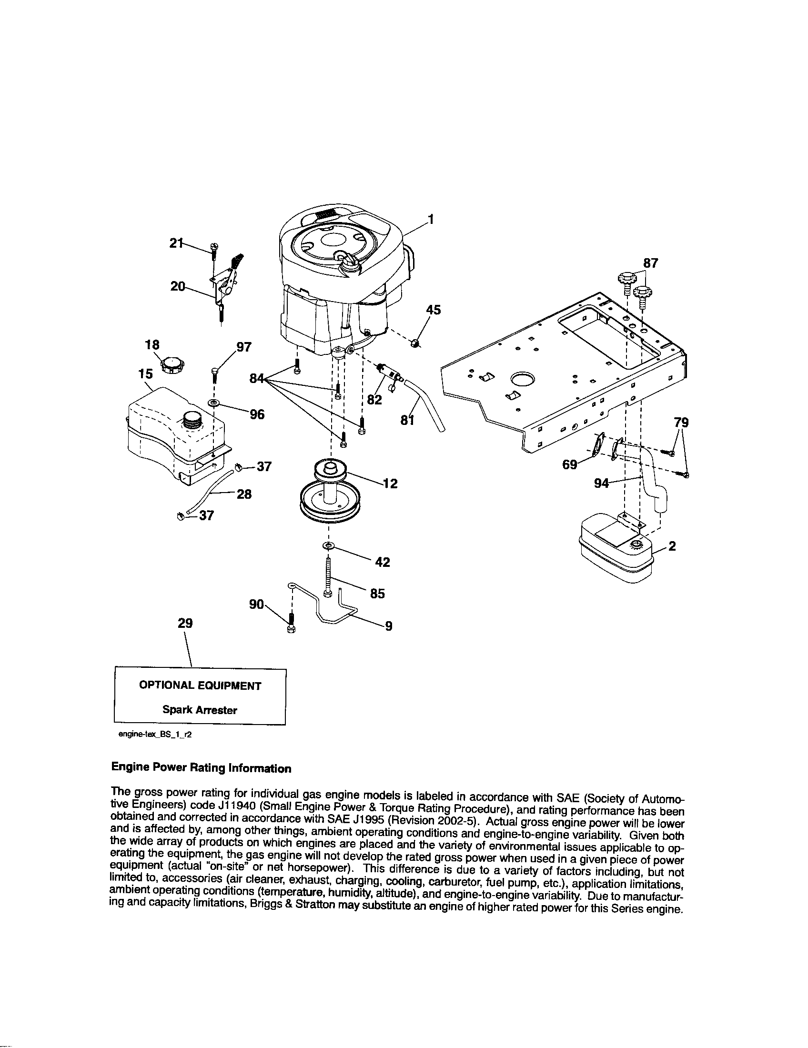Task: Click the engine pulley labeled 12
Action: click(328, 491)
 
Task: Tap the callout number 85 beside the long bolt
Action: click(377, 594)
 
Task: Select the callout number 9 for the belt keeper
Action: click(389, 626)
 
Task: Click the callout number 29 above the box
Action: click(185, 623)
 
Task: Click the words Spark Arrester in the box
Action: click(200, 710)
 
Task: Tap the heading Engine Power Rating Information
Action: click(201, 768)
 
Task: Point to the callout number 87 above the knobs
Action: click(651, 263)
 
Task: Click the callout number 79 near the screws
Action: click(681, 423)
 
